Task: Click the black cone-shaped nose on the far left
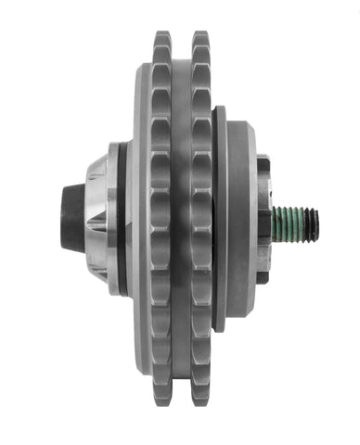pyautogui.click(x=73, y=221)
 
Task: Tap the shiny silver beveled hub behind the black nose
pyautogui.click(x=100, y=220)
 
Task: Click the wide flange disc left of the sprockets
pyautogui.click(x=138, y=220)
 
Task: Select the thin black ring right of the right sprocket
pyautogui.click(x=219, y=220)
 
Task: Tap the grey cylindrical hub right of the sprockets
pyautogui.click(x=240, y=220)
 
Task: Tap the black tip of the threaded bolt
pyautogui.click(x=314, y=221)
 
